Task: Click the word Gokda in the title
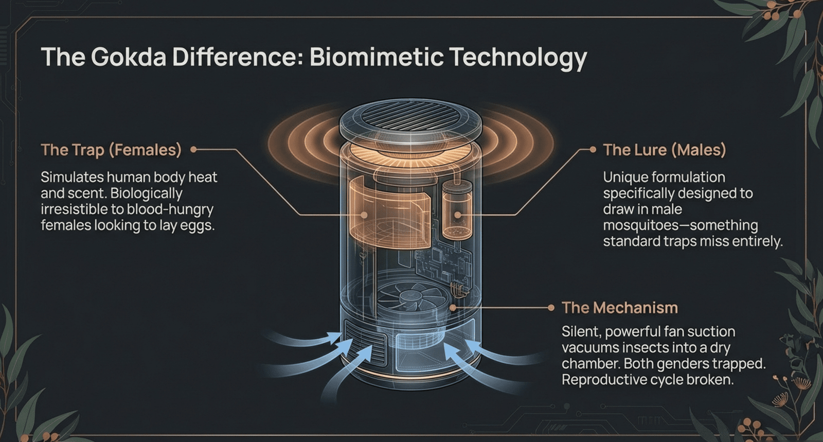129,57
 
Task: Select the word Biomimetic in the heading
376,57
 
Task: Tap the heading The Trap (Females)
111,150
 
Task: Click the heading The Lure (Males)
664,150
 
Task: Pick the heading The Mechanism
619,308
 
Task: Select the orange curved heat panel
389,213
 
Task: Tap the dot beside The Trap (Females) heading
193,150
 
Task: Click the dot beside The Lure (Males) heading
593,150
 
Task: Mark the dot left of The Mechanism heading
551,308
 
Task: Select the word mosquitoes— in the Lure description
641,225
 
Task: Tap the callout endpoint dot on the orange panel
364,215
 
